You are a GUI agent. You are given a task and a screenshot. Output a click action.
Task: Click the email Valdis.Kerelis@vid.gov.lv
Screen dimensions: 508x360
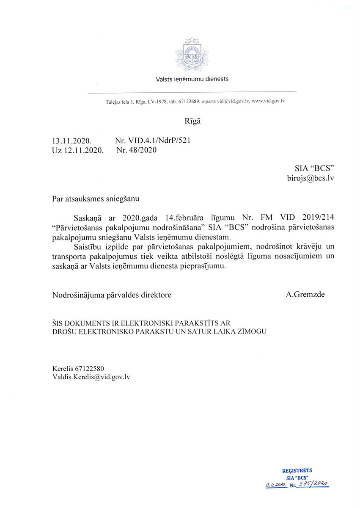pyautogui.click(x=91, y=377)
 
